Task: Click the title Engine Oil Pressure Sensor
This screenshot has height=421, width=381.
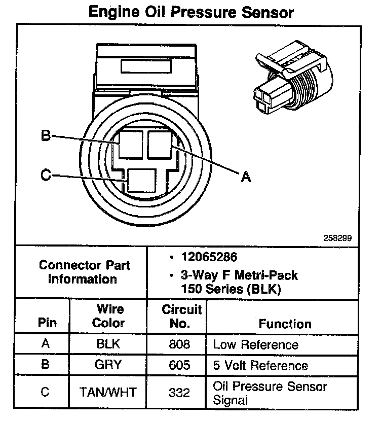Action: point(190,12)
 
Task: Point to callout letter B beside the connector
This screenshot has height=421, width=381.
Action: point(45,136)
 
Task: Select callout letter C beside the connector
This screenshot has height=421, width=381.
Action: point(45,176)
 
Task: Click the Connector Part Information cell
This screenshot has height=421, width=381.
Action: point(85,272)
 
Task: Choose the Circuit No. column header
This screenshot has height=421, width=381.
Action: point(182,316)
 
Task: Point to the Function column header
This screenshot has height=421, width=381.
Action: point(285,324)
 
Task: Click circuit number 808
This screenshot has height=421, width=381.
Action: point(180,344)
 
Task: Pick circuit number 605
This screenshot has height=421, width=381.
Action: point(180,365)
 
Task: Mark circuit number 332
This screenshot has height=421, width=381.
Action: point(180,392)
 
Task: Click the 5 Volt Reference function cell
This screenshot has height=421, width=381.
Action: point(260,365)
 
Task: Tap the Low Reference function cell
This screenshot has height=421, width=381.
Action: point(256,344)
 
